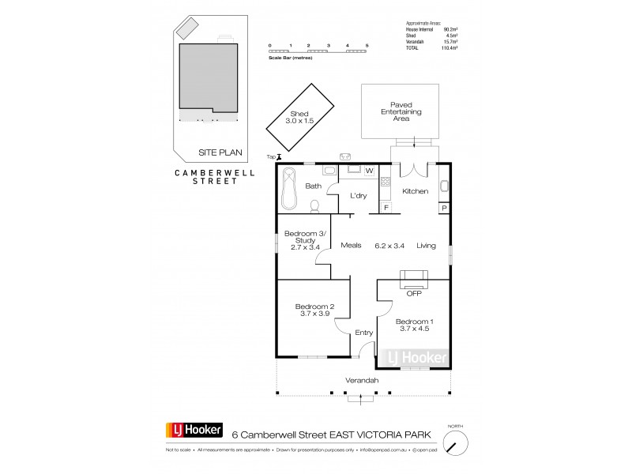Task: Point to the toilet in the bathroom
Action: [315, 205]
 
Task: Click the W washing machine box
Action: [369, 170]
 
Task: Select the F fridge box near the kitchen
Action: [386, 207]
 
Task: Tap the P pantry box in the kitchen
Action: [444, 208]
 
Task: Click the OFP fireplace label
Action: [414, 293]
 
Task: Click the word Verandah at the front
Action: [361, 382]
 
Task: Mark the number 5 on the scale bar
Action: [367, 46]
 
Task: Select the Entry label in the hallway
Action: [363, 333]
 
